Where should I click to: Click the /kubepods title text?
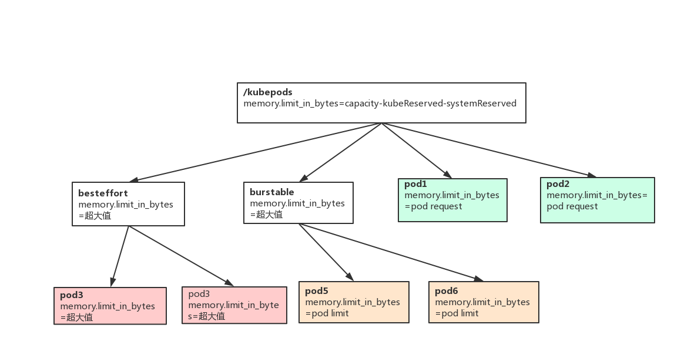[x=268, y=92]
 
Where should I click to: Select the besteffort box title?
[x=103, y=193]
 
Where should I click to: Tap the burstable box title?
[x=271, y=192]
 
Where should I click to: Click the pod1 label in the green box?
[x=415, y=184]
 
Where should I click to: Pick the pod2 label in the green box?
[x=558, y=184]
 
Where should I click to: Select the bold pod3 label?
[x=72, y=295]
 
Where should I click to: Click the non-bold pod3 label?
[x=199, y=294]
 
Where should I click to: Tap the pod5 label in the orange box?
[x=316, y=291]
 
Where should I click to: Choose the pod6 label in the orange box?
[x=446, y=291]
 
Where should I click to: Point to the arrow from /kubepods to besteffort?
[x=253, y=152]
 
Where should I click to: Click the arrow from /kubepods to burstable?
[x=341, y=152]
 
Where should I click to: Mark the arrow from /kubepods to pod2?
[x=488, y=150]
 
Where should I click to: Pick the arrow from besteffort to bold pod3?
[x=120, y=256]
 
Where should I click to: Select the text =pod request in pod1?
[x=433, y=206]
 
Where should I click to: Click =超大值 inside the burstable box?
[x=266, y=215]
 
